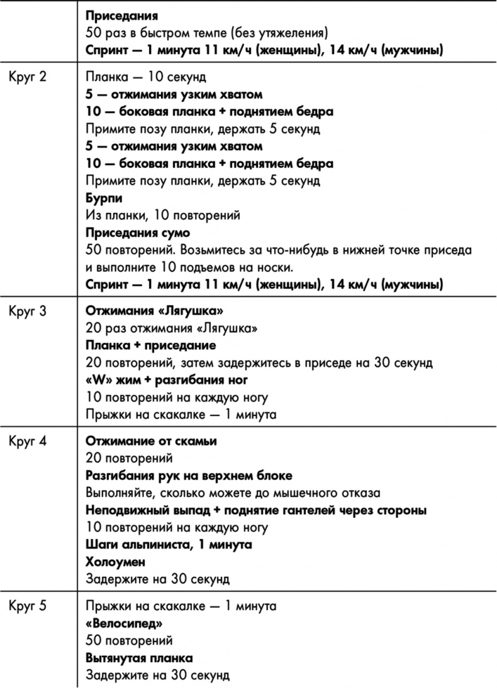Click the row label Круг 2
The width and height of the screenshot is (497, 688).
pos(28,77)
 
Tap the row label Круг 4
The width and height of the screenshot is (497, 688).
pos(28,441)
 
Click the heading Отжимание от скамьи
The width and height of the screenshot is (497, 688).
pos(151,441)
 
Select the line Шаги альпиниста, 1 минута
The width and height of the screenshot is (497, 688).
pos(169,544)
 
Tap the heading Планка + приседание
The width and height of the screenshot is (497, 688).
pos(151,346)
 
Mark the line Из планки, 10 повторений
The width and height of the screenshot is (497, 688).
pos(163,216)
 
